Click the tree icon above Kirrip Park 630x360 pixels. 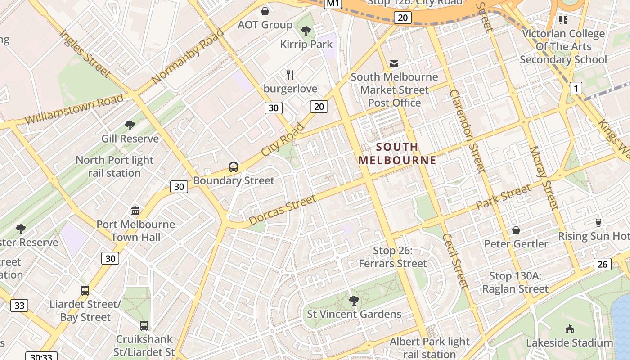click(306, 31)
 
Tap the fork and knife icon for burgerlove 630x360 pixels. click(291, 75)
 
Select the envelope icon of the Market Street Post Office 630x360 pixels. click(394, 64)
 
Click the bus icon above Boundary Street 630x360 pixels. click(233, 167)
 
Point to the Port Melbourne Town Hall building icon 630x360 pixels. click(135, 211)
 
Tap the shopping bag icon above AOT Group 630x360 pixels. click(265, 11)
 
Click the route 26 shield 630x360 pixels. click(603, 264)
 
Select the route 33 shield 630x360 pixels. click(19, 306)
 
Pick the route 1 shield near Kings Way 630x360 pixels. click(576, 88)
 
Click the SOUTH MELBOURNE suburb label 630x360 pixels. click(397, 153)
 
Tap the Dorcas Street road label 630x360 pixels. click(282, 210)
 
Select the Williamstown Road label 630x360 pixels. click(74, 109)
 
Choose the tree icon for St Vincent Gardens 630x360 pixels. click(354, 300)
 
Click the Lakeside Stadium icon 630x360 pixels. click(570, 329)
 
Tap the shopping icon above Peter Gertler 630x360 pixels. click(516, 230)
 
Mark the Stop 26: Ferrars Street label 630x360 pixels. click(392, 257)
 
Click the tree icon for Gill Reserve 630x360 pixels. click(130, 125)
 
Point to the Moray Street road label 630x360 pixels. click(544, 178)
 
